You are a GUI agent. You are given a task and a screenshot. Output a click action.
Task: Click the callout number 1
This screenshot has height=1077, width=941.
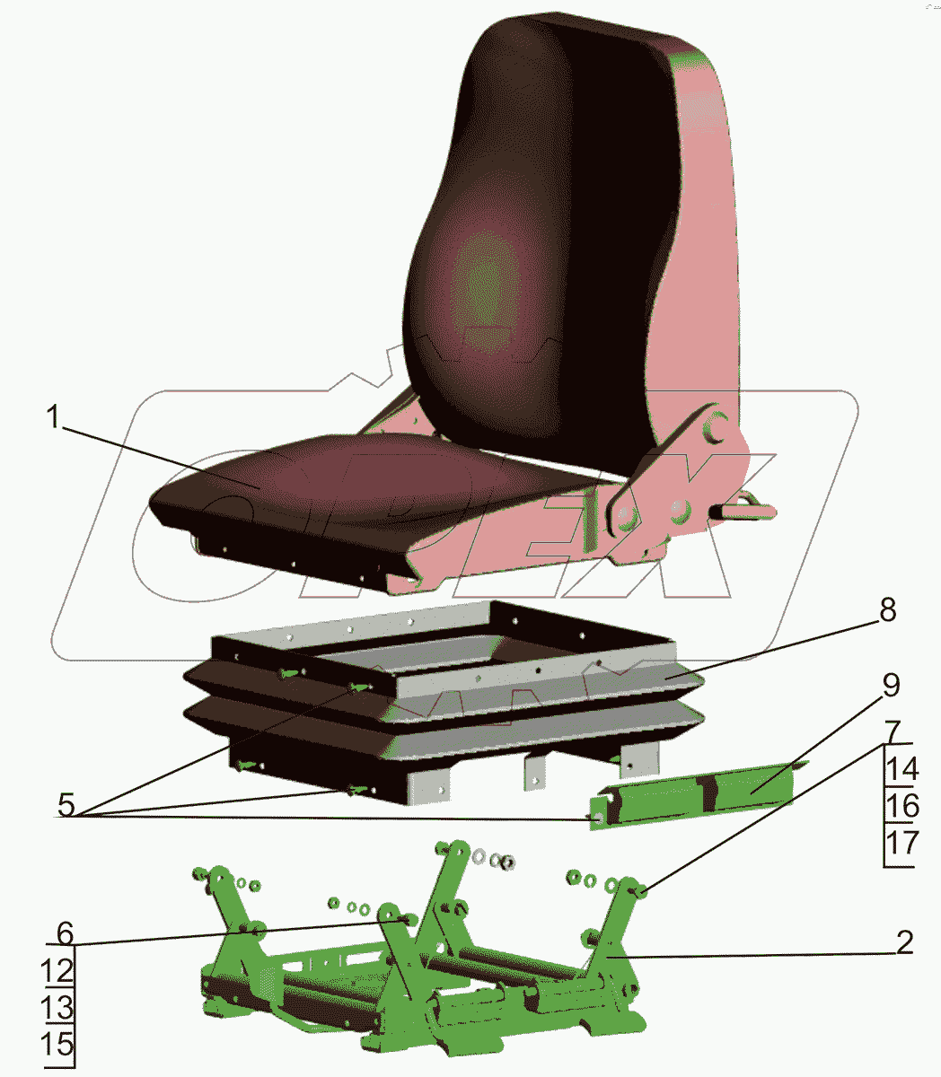(53, 417)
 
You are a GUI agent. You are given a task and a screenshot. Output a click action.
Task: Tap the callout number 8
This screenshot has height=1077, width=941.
(887, 610)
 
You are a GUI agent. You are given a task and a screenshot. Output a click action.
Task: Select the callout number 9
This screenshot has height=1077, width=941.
(891, 686)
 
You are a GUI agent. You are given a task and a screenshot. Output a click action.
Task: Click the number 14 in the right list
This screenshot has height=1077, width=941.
(902, 769)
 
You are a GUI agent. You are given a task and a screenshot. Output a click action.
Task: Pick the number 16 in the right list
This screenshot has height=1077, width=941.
(902, 805)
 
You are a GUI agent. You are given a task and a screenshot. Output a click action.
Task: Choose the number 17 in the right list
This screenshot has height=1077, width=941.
(902, 843)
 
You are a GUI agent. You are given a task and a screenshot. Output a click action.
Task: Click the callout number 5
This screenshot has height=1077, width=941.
(66, 804)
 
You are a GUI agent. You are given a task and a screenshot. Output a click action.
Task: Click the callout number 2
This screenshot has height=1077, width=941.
(905, 942)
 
